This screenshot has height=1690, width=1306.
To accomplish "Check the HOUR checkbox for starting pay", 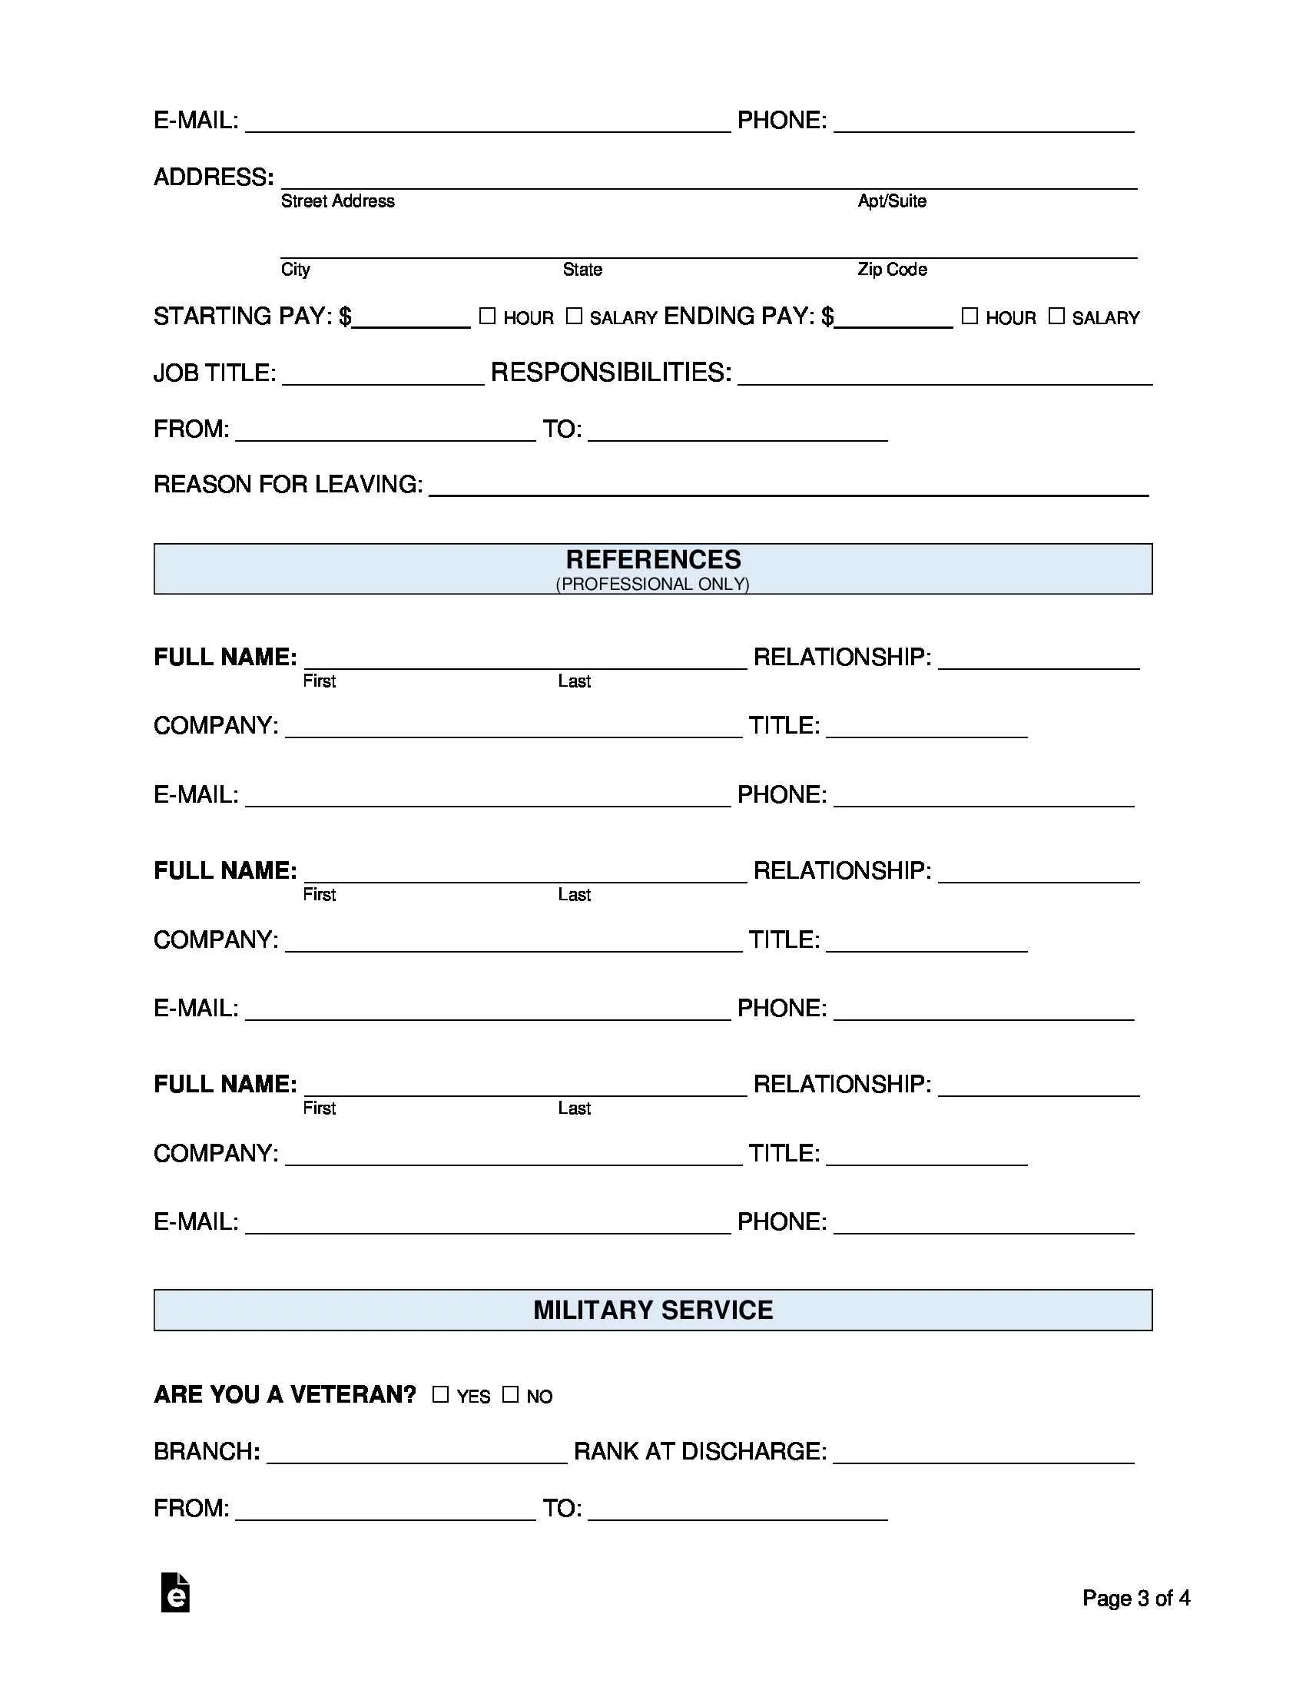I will pos(486,316).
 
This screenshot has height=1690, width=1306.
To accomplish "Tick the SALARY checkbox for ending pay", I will pos(1056,316).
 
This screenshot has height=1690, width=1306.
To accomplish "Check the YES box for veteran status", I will pos(440,1394).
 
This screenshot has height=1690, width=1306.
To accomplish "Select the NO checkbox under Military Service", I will pos(510,1394).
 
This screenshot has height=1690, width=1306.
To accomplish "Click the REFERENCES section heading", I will pos(653,559).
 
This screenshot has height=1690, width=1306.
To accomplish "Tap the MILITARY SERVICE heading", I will pos(653,1310).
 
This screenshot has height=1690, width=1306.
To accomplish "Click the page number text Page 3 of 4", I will pos(1135,1598).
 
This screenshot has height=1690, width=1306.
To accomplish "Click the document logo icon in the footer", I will pos(176,1593).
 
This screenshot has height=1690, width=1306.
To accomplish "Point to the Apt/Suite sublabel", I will pos(891,201).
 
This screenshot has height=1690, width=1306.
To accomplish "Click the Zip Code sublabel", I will pos(891,270).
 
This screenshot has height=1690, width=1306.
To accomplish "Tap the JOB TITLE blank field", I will pos(383,375).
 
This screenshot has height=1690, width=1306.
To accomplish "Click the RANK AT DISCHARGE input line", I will pos(983,1453).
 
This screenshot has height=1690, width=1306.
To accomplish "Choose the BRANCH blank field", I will pos(416,1453).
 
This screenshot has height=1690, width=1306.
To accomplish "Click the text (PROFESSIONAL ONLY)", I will pos(652,585).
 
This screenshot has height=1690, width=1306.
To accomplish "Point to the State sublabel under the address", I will pos(582,270).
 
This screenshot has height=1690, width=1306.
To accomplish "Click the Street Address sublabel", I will pos(337,201).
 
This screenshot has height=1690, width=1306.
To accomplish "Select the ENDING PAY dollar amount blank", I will pos(893,318).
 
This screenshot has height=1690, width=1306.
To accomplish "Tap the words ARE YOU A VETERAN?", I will pos(285,1394).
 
